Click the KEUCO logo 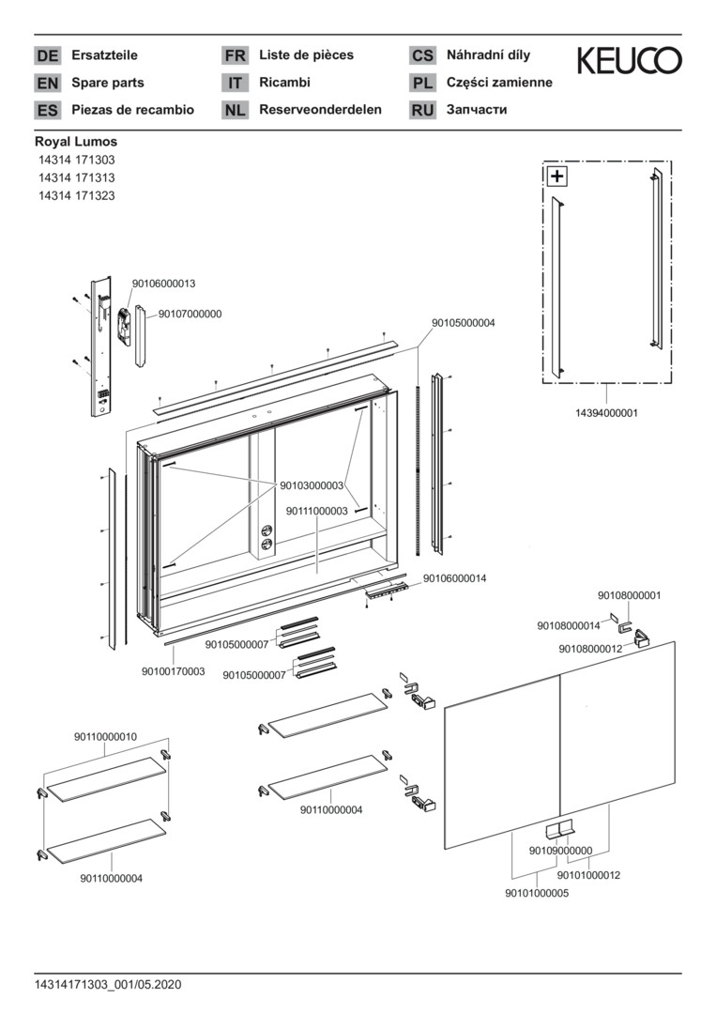click(x=629, y=61)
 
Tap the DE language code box click(x=47, y=56)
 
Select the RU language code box click(x=422, y=110)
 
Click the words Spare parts click(x=108, y=83)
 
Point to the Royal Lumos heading click(x=76, y=142)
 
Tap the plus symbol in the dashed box click(x=557, y=176)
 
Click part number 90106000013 click(x=163, y=283)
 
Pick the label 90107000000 click(x=190, y=314)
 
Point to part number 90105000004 click(x=464, y=322)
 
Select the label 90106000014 click(x=454, y=578)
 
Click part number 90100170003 click(x=174, y=671)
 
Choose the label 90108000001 click(x=630, y=595)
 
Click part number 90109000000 click(x=560, y=851)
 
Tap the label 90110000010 click(x=105, y=737)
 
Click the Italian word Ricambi click(x=284, y=83)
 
